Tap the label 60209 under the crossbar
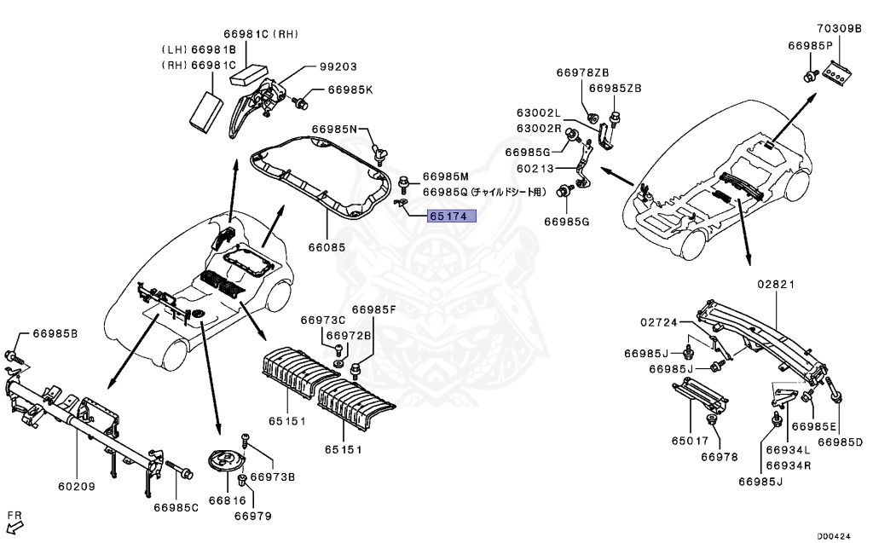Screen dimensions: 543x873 76,487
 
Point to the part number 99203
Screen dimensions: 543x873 338,66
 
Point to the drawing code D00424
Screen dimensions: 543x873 834,536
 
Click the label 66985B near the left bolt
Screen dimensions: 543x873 55,332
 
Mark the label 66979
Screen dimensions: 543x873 252,516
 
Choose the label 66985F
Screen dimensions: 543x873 374,309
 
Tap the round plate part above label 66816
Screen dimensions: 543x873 225,465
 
